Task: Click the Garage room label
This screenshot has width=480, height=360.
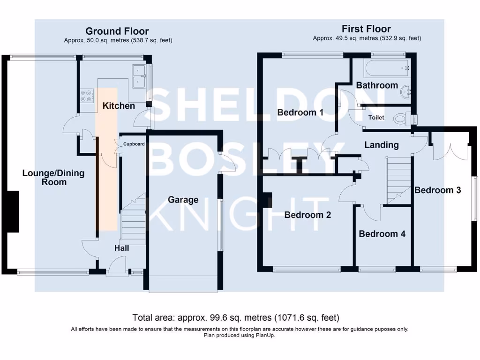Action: point(183,200)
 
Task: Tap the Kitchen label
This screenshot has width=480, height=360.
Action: point(119,106)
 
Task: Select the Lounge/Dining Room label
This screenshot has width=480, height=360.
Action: point(53,177)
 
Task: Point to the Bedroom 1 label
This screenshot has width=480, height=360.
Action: point(300,112)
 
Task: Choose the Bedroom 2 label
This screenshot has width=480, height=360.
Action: point(308,215)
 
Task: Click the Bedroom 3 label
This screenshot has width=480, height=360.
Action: point(437,190)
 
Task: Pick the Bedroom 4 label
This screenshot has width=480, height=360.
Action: point(382,234)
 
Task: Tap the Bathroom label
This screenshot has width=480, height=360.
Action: point(377,85)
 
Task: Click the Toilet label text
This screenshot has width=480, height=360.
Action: point(376,118)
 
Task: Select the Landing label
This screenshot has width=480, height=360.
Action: point(382,145)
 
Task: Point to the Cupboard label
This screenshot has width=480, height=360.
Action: point(134,144)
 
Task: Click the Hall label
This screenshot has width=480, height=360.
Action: point(122,248)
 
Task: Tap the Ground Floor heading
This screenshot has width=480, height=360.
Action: point(117,32)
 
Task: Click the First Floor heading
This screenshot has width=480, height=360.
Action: point(366,29)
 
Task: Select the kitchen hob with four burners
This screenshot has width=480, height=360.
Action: point(86,96)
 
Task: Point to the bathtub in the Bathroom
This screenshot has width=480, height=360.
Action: point(387,68)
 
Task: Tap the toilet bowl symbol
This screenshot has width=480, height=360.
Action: point(401,119)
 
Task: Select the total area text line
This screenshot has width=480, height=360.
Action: point(236,318)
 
